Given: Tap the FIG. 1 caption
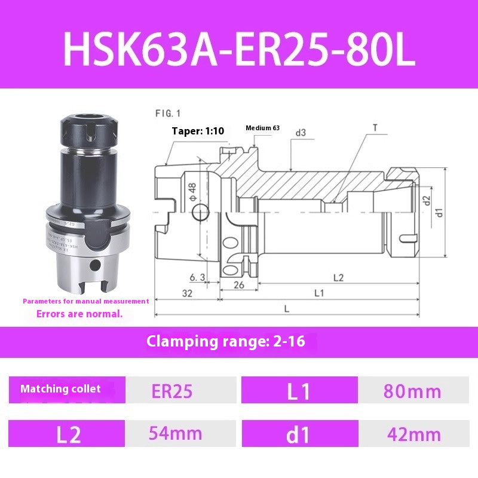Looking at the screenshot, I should [x=167, y=112].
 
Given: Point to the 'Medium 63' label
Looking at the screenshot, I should [x=262, y=128].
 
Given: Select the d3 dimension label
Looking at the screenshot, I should [x=300, y=132].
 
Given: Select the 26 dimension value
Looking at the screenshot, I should [x=238, y=284].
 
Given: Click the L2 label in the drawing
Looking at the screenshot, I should [x=338, y=278].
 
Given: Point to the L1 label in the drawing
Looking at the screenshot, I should [x=318, y=293].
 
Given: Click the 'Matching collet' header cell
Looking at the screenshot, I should [x=61, y=389].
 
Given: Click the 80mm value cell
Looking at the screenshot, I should [x=413, y=391].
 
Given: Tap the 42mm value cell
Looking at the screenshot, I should [x=413, y=434].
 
